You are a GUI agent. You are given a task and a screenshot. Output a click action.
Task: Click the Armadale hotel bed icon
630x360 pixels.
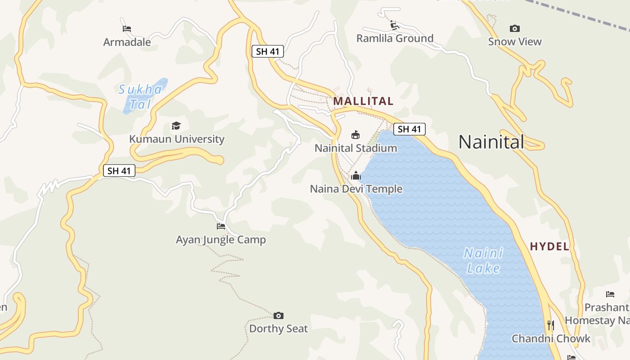tap(127, 29)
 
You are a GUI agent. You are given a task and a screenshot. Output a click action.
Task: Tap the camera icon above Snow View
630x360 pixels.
tap(515, 28)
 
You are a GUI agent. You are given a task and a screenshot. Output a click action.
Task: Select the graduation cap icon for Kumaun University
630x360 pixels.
tap(176, 126)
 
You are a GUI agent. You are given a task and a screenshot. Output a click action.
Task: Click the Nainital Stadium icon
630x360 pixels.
tap(355, 135)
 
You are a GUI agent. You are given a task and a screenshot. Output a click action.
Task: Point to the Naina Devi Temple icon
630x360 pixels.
tap(356, 175)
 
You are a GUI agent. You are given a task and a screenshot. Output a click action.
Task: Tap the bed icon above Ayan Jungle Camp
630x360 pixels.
tap(220, 226)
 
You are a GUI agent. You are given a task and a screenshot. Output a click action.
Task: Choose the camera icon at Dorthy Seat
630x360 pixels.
tap(279, 315)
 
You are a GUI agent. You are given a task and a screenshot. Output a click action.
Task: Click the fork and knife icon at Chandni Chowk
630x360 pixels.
tap(550, 324)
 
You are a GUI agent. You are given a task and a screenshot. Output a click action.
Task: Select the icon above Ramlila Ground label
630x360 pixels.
tap(395, 25)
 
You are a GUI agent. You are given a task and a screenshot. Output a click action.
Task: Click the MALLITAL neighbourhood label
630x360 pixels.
tap(363, 101)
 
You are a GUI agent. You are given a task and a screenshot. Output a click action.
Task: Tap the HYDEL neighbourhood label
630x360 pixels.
tap(549, 247)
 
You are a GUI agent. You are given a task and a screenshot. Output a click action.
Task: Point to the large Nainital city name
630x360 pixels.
tap(491, 142)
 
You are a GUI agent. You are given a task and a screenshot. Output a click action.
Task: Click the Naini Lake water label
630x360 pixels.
tap(484, 261)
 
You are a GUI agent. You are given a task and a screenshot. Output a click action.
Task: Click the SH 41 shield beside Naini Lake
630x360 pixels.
tap(409, 129)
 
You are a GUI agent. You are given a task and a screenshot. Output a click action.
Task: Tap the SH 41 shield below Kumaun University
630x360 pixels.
tap(119, 171)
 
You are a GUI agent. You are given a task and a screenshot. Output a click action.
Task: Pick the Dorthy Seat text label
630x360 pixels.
tap(279, 328)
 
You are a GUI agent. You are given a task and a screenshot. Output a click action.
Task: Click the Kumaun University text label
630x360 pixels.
tap(177, 139)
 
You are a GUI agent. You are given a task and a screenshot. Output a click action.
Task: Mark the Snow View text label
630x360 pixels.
tap(515, 42)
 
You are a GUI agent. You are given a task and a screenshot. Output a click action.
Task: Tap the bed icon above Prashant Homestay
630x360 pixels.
tap(610, 294)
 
